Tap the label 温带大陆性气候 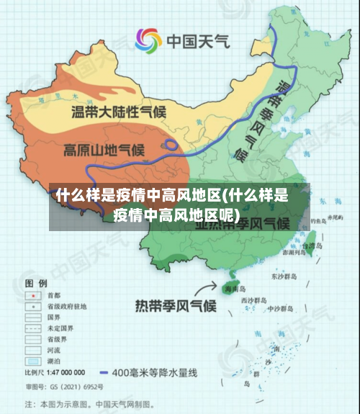118,112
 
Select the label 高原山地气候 104,150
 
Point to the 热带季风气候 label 176,305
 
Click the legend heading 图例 36,282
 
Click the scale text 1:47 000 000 65,373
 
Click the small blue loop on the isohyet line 172,144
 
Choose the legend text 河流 53,349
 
